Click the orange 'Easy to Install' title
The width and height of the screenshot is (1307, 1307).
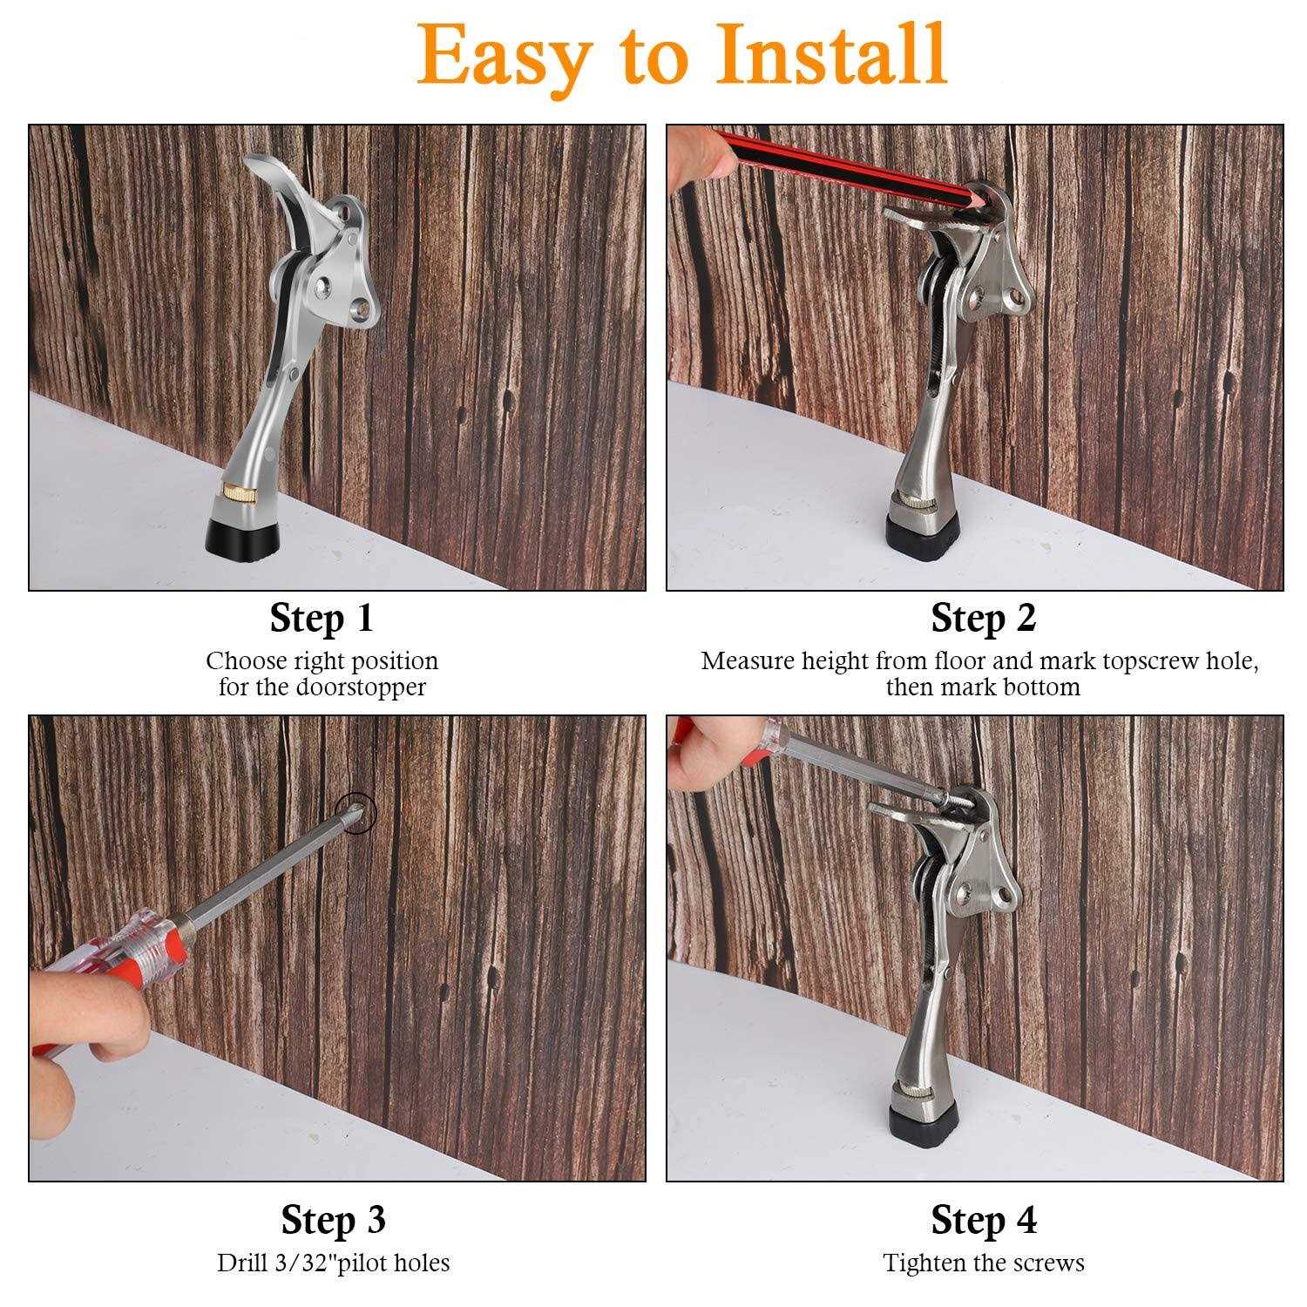682,54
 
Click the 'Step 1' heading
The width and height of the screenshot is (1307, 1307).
322,618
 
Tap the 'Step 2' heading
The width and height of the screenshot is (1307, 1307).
983,618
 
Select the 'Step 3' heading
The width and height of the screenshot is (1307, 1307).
333,1220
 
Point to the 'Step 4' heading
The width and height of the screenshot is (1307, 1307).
983,1220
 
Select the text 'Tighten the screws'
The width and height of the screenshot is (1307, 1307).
983,1263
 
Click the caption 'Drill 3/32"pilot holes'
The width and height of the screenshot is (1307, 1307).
333,1263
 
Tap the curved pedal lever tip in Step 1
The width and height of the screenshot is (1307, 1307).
261,161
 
